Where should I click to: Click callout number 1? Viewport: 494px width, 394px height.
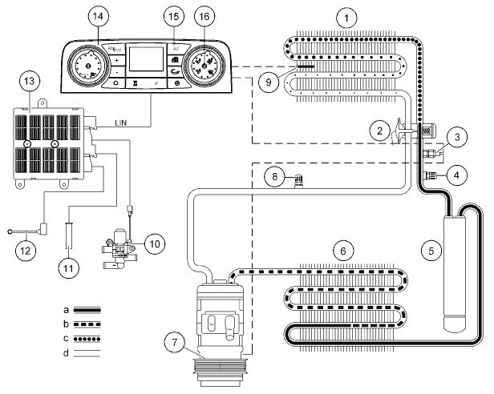coord(346,16)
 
